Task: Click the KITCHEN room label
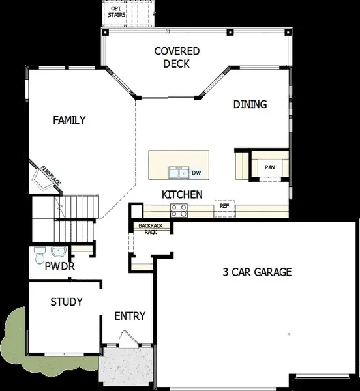click(182, 194)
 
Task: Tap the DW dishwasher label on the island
click(196, 173)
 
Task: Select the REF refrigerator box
click(224, 206)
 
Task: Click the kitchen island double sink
click(178, 173)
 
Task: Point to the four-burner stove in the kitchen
click(179, 209)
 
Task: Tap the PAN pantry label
click(269, 167)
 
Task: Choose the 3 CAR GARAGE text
click(257, 272)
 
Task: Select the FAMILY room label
click(70, 120)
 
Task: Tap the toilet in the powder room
click(39, 253)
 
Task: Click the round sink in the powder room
click(59, 252)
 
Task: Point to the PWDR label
click(60, 267)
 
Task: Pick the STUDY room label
click(67, 302)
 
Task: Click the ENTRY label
click(130, 316)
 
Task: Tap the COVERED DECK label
click(177, 57)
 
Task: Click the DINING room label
click(250, 104)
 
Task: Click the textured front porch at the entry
click(125, 368)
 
